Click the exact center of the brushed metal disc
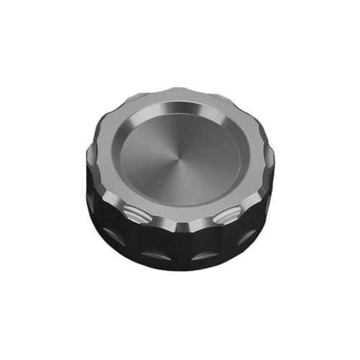click(180, 153)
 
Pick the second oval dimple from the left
click(153, 254)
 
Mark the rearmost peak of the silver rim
click(180, 91)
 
